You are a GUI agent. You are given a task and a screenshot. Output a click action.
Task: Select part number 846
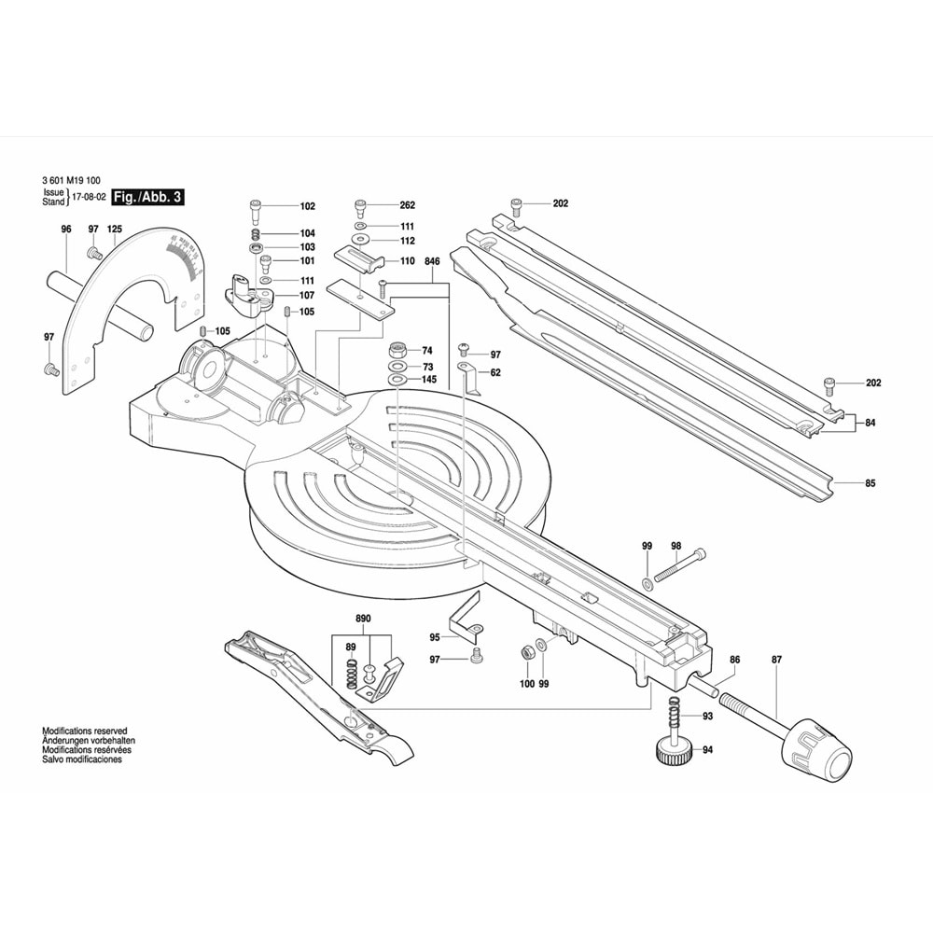pos(432,262)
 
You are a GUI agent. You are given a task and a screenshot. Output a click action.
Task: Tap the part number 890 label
pos(363,619)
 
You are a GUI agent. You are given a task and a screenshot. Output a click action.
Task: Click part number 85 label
pos(870,483)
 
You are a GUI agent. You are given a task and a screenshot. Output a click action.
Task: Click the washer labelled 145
pos(396,380)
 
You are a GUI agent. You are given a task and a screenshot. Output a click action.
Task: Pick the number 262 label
pos(407,205)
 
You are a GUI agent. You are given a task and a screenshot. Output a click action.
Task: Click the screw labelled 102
pos(257,206)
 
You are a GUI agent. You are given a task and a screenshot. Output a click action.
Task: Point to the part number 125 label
pos(115,230)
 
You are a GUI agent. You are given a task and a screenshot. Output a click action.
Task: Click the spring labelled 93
pos(673,717)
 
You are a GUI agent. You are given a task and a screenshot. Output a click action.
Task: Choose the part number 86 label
pos(734,660)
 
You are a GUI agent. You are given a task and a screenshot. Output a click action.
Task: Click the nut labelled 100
pos(526,649)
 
